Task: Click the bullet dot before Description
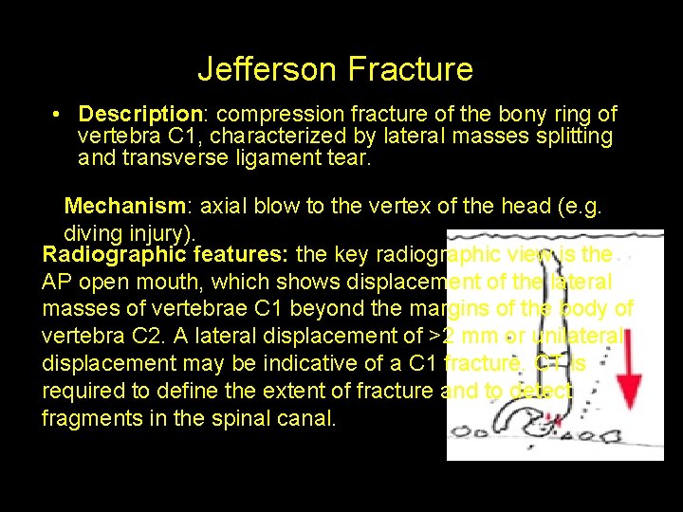point(58,115)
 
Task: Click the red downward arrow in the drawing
point(627,360)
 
